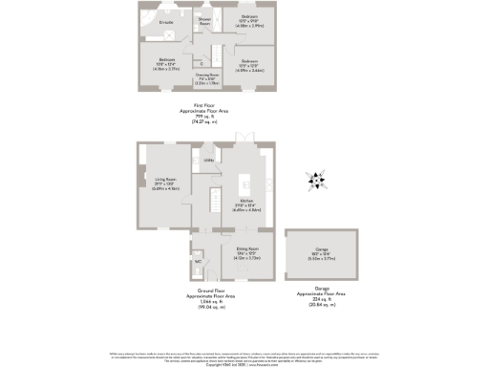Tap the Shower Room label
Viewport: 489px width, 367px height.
pos(203,21)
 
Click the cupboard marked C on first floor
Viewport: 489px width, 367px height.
pos(202,64)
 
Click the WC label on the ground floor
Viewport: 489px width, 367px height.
pos(197,260)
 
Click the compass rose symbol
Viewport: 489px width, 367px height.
pos(315,179)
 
